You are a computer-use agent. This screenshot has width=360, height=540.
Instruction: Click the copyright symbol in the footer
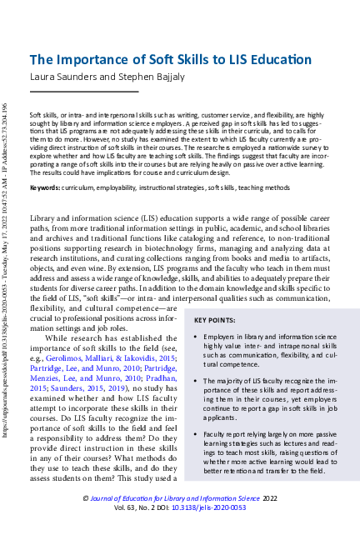click(85, 497)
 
